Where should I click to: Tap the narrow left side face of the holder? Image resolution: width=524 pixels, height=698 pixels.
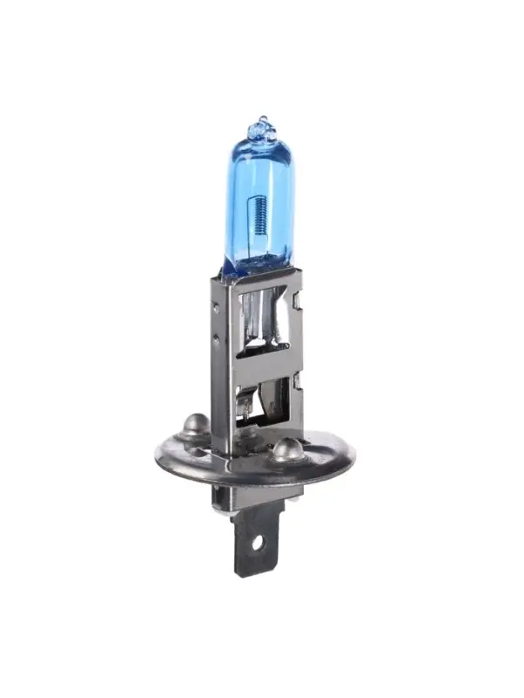point(220,366)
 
